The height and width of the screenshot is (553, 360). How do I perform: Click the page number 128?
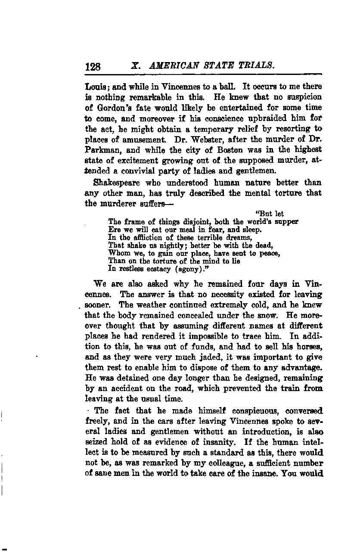93,66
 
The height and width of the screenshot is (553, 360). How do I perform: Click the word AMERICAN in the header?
170,66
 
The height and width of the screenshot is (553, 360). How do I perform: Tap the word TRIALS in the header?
256,66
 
